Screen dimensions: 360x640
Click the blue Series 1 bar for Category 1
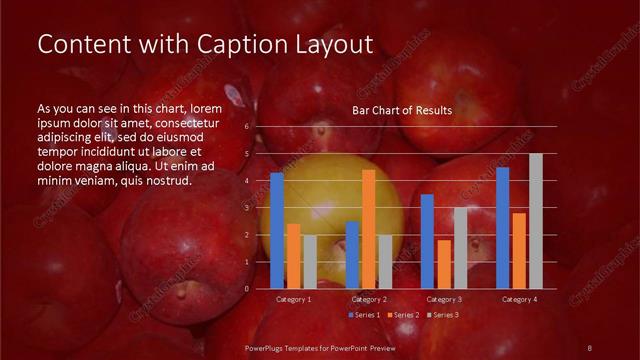(277, 230)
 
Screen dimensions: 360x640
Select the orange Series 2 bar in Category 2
(369, 229)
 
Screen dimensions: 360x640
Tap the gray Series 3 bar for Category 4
(536, 221)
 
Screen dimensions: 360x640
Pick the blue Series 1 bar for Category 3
(427, 241)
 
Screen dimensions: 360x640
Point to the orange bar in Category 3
(444, 264)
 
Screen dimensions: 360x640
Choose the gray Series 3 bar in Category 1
(310, 262)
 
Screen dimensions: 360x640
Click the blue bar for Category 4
(503, 227)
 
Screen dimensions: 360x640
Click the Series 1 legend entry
(366, 315)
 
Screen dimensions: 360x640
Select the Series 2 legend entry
(403, 315)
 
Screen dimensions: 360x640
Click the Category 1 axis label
(294, 299)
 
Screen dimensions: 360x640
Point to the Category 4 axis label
(519, 299)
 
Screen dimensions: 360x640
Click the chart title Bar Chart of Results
(402, 110)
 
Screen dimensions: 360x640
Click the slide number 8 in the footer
(590, 347)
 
